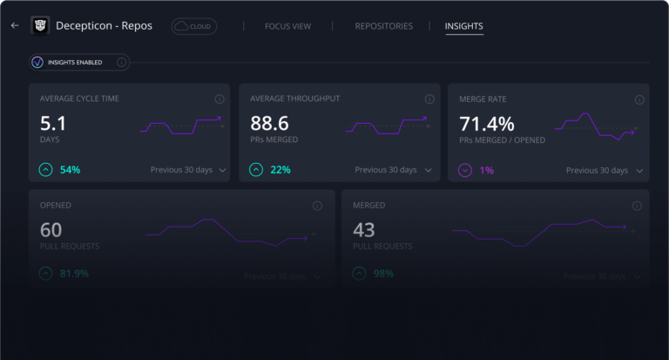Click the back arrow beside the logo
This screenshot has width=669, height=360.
[x=14, y=26]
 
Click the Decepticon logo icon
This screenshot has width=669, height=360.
[x=40, y=26]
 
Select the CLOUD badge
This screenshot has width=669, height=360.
[x=194, y=26]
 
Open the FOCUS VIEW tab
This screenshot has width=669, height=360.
[x=287, y=26]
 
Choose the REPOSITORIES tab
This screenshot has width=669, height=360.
[x=383, y=26]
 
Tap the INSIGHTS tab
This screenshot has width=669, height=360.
[x=463, y=26]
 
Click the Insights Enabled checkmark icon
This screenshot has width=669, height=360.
[x=37, y=62]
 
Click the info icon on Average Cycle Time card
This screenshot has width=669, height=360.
[x=220, y=99]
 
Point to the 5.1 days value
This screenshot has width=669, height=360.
[x=53, y=124]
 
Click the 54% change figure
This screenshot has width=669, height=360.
[x=70, y=169]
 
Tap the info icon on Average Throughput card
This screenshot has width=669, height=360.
[x=429, y=99]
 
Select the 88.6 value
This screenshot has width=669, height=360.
[x=268, y=124]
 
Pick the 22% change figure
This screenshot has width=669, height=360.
[x=280, y=169]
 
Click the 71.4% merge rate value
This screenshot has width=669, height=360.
[x=486, y=124]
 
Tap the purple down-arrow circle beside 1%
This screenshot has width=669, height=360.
[x=464, y=170]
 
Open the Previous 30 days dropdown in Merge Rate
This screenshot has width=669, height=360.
[x=604, y=170]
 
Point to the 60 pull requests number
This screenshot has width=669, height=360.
[x=51, y=230]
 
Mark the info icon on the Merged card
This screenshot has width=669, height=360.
[x=634, y=206]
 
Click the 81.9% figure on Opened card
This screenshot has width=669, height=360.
[x=74, y=274]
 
